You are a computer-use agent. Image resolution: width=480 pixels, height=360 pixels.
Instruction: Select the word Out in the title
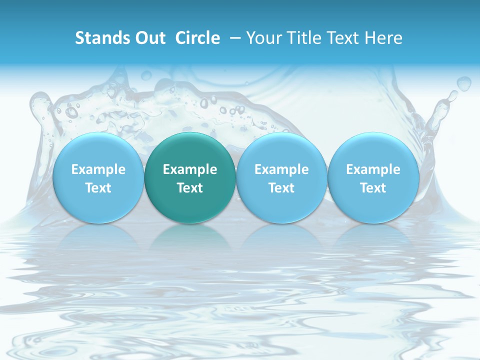point(149,38)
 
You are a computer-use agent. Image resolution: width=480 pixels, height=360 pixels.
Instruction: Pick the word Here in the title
point(383,38)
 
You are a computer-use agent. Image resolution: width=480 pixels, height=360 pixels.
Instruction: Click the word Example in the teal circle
point(190,169)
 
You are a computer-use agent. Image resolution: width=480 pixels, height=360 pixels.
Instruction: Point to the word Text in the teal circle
point(190,188)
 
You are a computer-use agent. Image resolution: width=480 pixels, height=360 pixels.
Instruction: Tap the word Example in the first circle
point(98,169)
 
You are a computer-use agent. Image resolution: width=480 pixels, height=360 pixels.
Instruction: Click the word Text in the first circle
point(98,188)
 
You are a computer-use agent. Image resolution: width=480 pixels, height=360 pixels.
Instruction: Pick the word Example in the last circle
point(373,169)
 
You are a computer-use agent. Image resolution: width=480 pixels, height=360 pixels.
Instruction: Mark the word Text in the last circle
point(373,188)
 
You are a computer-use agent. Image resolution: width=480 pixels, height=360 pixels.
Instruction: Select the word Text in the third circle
point(281,188)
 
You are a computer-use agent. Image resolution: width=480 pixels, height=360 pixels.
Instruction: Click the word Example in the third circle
point(281,169)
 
